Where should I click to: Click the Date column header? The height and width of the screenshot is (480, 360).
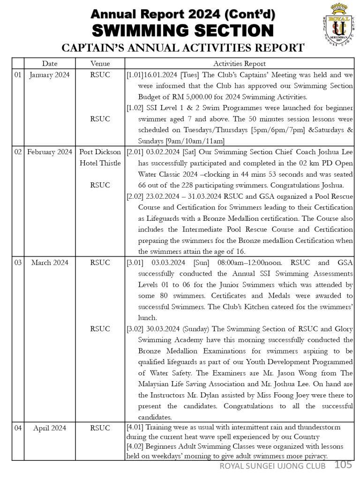[50, 64]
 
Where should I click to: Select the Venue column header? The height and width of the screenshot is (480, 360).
[100, 64]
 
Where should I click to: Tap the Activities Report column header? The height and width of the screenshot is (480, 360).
[239, 64]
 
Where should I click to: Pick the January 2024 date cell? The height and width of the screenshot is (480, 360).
[49, 75]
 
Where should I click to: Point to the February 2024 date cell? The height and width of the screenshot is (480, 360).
[49, 152]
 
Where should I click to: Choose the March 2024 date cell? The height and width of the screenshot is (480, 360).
[49, 262]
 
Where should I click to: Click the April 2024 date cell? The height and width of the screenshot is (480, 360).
[49, 428]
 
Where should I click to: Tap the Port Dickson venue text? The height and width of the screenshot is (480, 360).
[100, 152]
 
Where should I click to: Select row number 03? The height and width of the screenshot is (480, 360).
[18, 262]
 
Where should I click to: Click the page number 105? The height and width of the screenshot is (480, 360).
[343, 465]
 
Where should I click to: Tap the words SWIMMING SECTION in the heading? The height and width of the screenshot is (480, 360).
[183, 31]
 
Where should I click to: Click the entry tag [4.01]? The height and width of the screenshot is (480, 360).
[135, 427]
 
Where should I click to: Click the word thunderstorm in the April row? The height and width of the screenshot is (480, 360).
[320, 427]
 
